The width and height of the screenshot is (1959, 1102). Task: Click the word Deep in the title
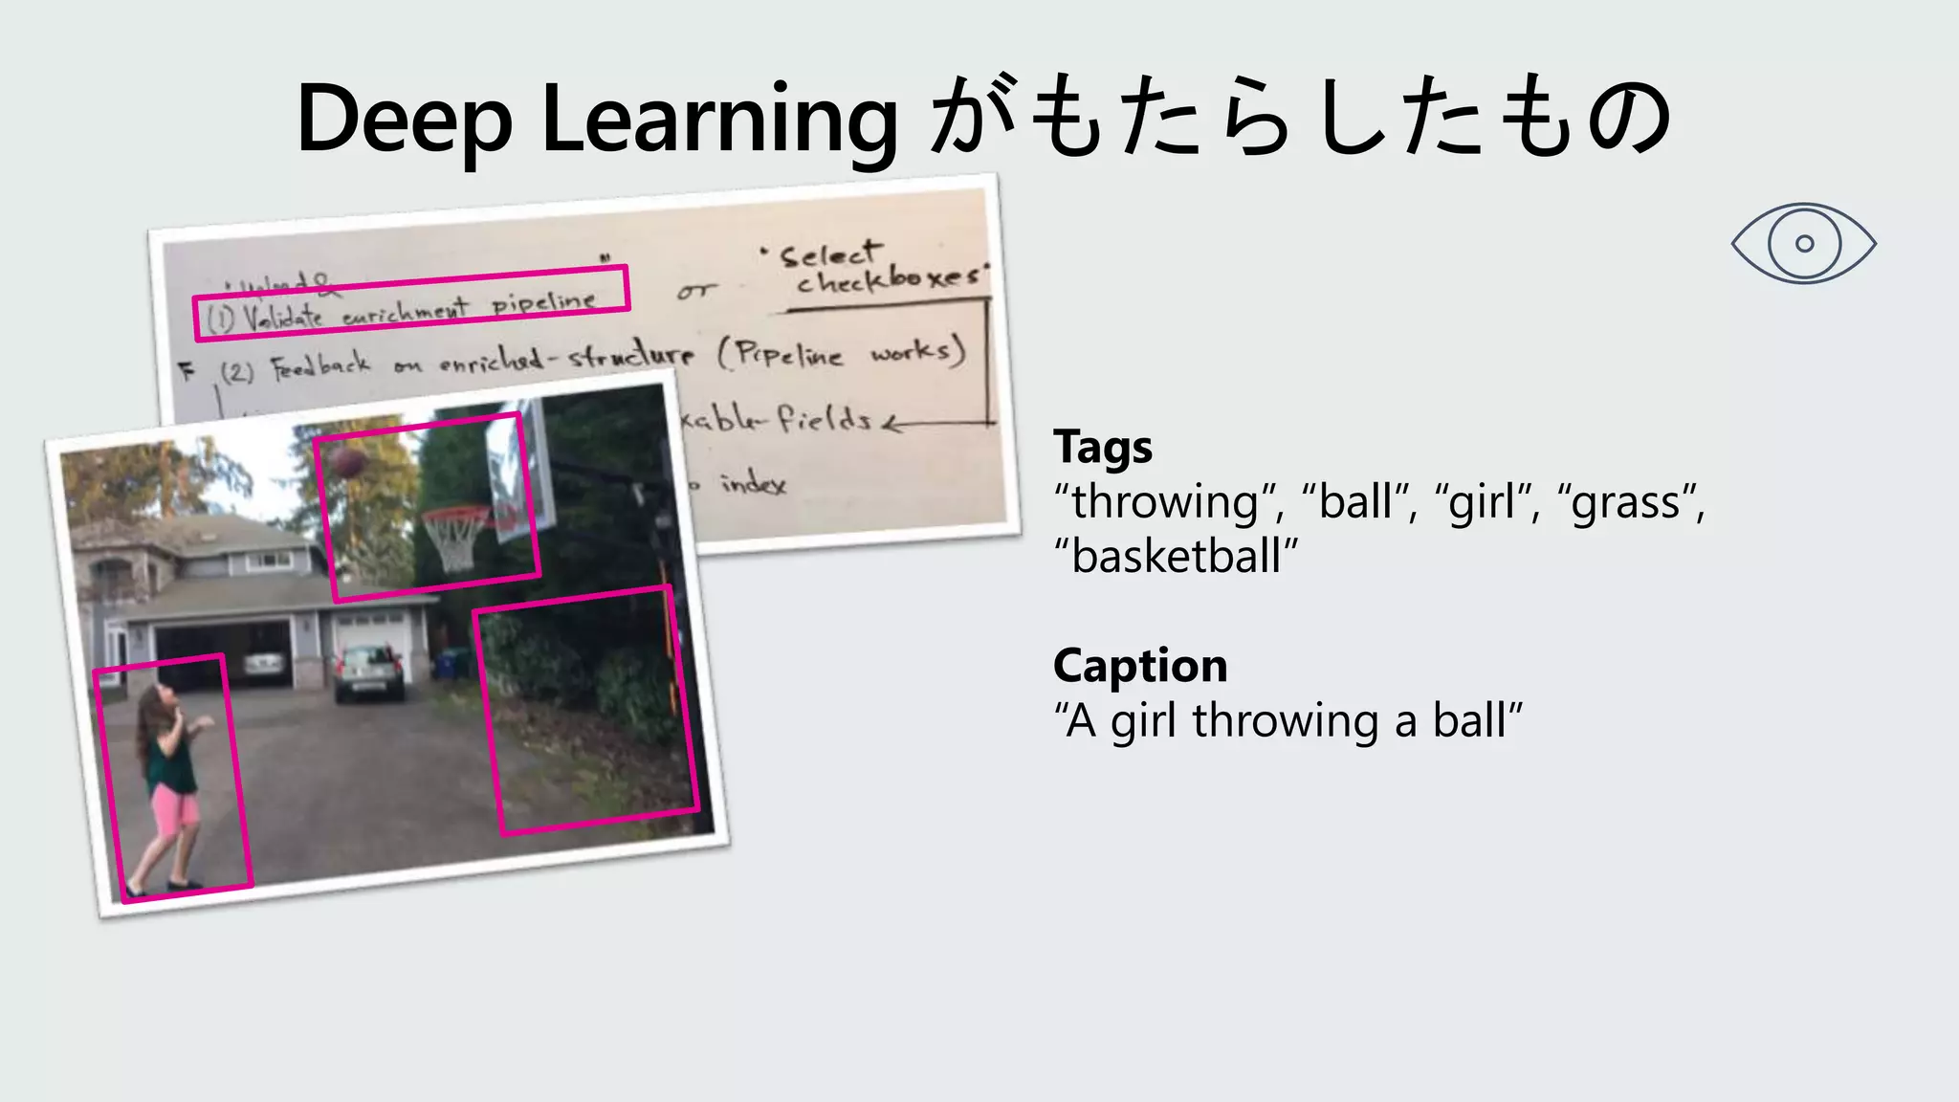(404, 119)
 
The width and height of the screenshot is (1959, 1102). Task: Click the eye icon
(1803, 243)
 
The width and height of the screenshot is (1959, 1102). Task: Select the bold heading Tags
(1102, 447)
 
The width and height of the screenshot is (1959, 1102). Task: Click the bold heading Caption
(1139, 665)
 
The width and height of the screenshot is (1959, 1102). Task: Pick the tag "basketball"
(1176, 556)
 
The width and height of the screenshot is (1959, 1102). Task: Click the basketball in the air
(348, 462)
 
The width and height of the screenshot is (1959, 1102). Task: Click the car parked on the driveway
(368, 672)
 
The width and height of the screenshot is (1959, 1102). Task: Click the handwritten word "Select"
(828, 254)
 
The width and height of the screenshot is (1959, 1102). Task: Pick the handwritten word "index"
(753, 483)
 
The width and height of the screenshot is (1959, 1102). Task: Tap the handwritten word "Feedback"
(319, 365)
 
